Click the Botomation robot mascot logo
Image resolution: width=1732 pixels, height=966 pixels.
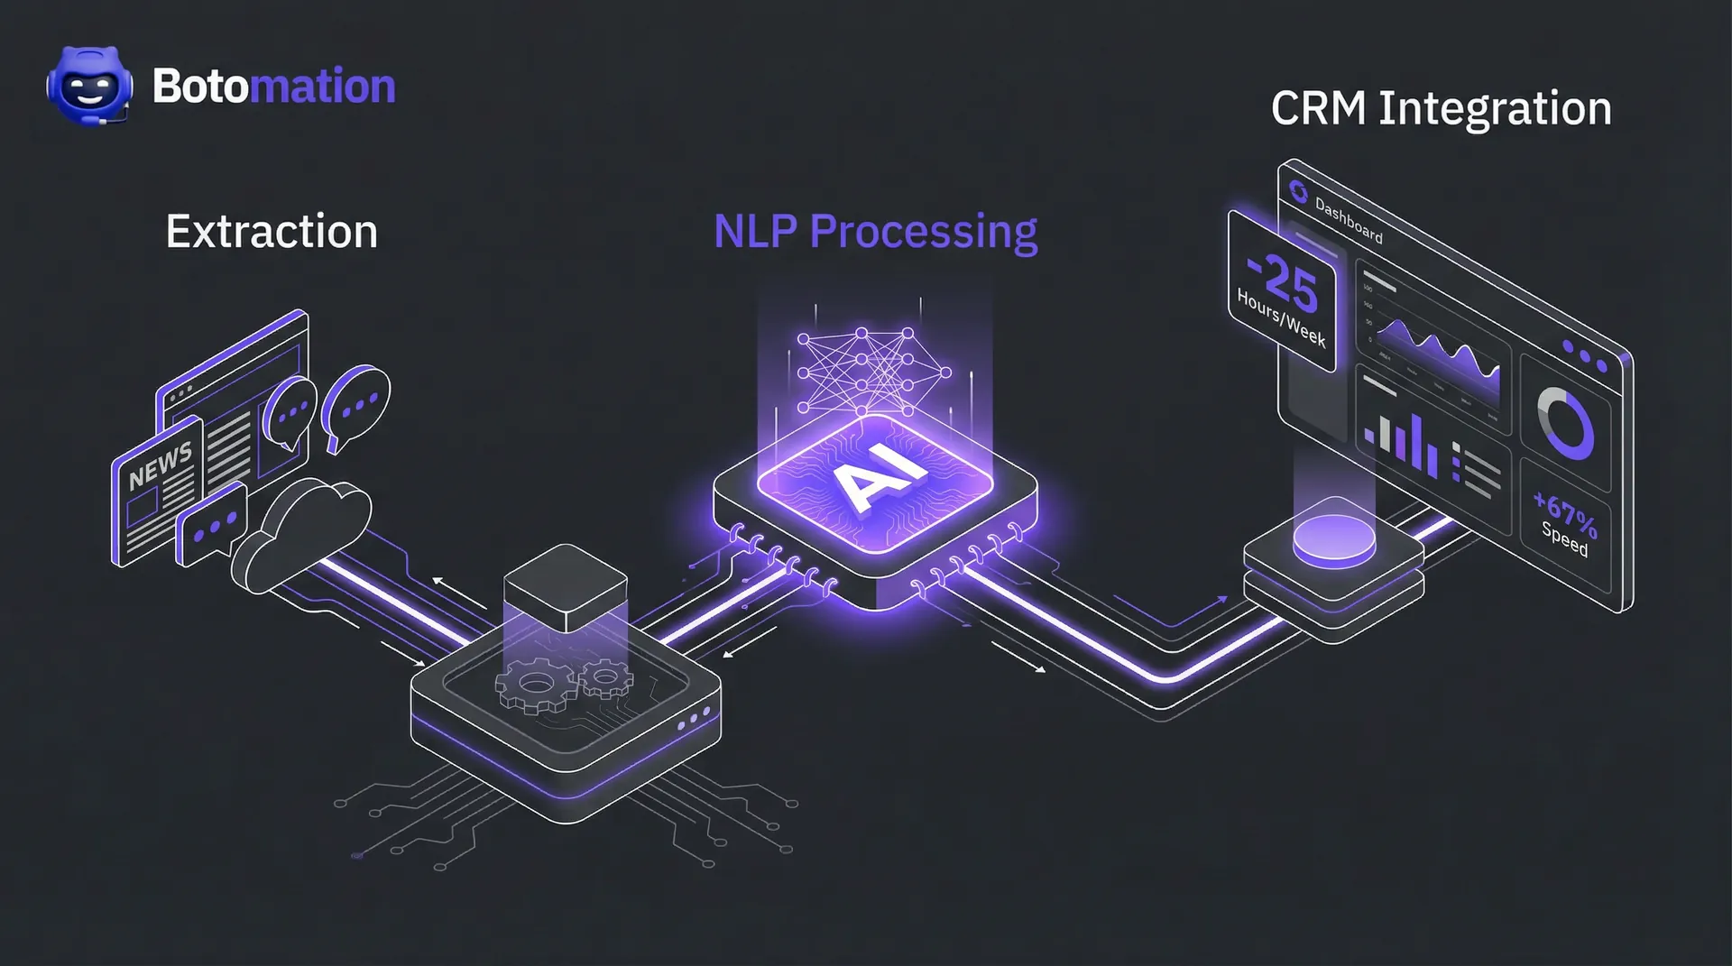[x=89, y=87]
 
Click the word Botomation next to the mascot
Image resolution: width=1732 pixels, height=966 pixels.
[x=274, y=87]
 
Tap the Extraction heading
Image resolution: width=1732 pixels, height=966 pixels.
[x=272, y=232]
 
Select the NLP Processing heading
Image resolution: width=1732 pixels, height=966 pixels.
[x=875, y=232]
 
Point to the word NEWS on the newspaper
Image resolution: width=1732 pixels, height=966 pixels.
[x=160, y=465]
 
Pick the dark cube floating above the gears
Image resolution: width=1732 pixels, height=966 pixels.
[x=566, y=587]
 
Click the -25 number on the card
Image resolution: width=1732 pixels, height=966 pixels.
[x=1284, y=282]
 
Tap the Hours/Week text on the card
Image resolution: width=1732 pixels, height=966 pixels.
[x=1281, y=318]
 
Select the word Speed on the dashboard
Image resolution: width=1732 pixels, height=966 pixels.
[x=1564, y=539]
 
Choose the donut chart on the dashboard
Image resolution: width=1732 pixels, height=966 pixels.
[x=1566, y=422]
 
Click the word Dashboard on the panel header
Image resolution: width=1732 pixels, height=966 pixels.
[x=1349, y=220]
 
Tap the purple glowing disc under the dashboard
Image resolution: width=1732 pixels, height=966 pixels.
[x=1334, y=538]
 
